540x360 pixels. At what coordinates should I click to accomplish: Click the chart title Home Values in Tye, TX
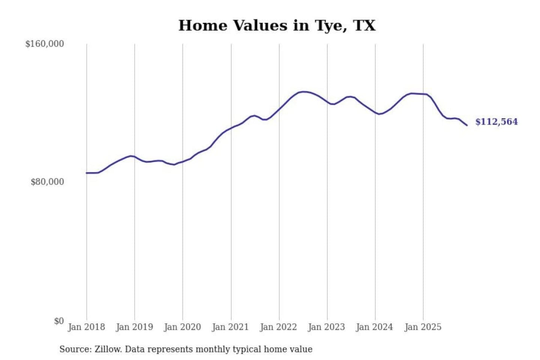[277, 25]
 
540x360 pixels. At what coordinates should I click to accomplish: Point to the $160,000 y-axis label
[45, 44]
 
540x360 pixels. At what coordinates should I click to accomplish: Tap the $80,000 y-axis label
[47, 182]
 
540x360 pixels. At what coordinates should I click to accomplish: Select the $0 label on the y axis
[59, 321]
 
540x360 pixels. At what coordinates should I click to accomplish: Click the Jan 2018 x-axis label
[86, 327]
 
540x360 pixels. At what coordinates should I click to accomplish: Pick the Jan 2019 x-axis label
[134, 327]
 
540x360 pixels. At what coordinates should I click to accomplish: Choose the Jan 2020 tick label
[182, 327]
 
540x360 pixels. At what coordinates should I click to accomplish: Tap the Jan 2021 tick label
[230, 327]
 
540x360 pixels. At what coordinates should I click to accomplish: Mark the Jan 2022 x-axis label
[278, 327]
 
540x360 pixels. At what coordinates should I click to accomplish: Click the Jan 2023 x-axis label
[326, 327]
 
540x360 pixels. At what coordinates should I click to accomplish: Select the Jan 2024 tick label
[374, 327]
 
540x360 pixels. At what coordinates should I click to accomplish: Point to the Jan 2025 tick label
[423, 327]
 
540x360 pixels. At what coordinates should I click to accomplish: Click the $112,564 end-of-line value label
[496, 122]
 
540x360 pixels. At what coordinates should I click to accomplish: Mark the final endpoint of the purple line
[467, 125]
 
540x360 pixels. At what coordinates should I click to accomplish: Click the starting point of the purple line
[87, 173]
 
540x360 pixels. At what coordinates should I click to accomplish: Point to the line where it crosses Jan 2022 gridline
[279, 109]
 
